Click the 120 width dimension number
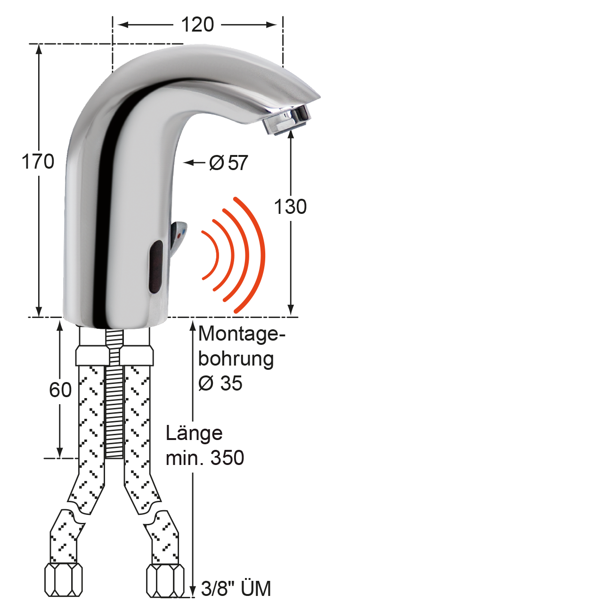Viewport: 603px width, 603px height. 197,24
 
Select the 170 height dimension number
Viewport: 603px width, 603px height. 38,162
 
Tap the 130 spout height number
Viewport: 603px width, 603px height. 290,206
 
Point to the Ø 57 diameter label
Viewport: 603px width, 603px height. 228,163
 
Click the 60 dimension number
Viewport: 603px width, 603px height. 60,390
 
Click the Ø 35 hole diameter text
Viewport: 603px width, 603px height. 220,383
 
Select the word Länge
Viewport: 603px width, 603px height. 194,434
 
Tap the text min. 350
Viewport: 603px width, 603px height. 205,458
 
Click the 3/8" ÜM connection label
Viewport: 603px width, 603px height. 236,588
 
